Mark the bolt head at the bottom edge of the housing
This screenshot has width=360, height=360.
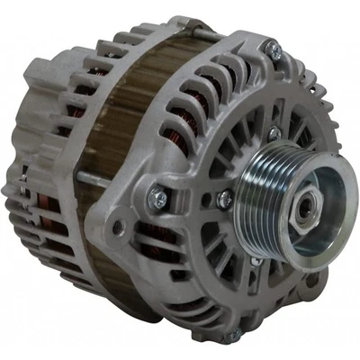point(236,335)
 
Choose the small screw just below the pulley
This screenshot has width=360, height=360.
point(256,261)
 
